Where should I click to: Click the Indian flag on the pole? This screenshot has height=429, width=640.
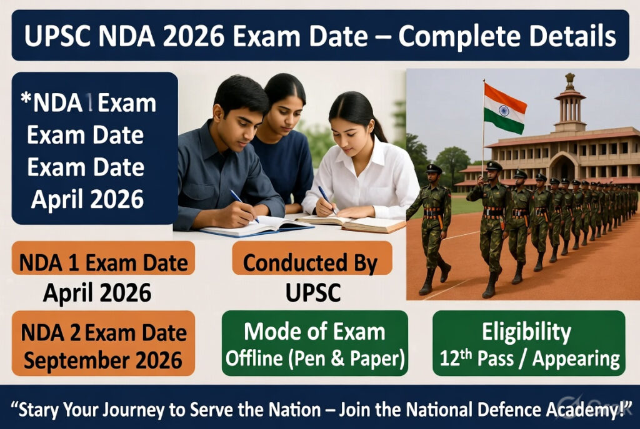coord(504,109)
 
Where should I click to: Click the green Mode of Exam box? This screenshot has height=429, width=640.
coord(315,343)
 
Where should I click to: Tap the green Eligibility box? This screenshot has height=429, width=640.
coord(528,343)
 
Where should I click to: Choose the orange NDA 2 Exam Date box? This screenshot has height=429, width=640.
coord(103,343)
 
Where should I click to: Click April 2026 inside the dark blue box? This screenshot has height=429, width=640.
coord(87,199)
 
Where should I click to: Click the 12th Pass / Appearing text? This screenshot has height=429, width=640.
coord(528,359)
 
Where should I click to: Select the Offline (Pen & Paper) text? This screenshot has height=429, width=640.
coord(315,359)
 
